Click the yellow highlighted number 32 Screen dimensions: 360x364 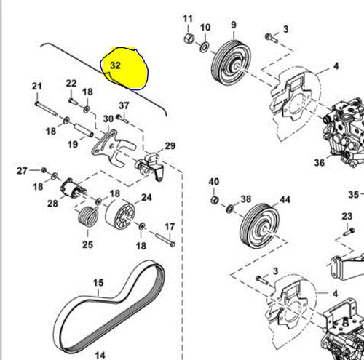115,65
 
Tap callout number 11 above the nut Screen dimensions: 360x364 187,18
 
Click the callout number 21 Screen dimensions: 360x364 36,87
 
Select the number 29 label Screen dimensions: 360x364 170,146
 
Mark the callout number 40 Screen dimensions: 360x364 214,181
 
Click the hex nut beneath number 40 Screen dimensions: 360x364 213,199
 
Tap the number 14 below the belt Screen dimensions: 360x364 101,354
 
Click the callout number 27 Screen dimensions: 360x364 23,171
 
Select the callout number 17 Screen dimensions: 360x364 169,226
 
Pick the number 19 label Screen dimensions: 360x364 73,145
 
